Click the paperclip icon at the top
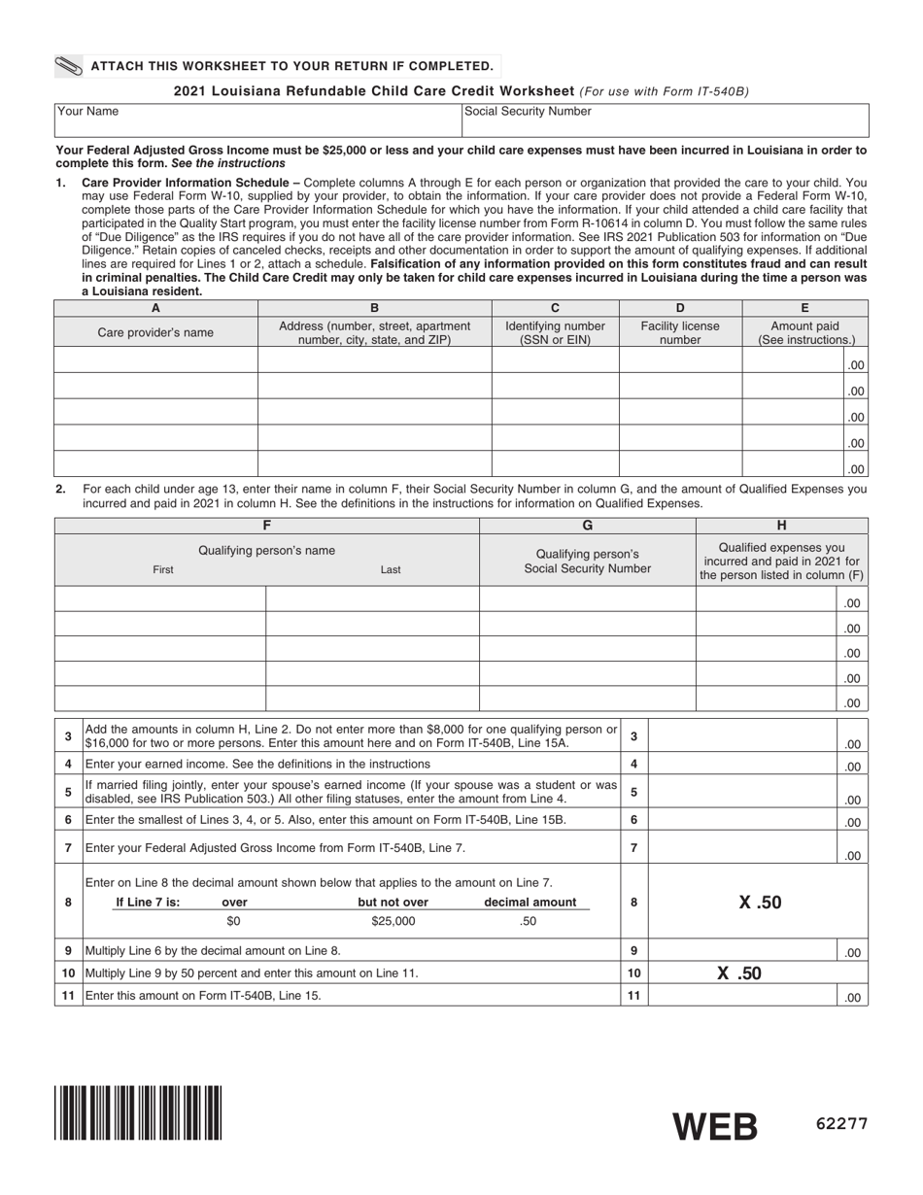pos(70,66)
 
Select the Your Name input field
pos(257,119)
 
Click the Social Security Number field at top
pos(664,119)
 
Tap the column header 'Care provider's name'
pos(155,332)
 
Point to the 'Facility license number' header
pos(680,332)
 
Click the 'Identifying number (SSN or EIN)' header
pos(555,332)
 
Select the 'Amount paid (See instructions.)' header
pos(805,332)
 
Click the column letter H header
pos(781,526)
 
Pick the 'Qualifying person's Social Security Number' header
pos(587,560)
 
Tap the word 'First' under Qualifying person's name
pos(163,570)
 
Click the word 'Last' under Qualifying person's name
pos(391,570)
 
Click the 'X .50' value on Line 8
pos(759,903)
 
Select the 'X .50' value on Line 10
pos(739,973)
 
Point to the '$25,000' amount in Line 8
pos(393,921)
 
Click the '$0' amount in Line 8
pos(233,921)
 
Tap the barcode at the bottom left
pos(138,1112)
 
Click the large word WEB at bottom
pos(715,1126)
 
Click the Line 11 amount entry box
pos(743,995)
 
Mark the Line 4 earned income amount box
pos(743,765)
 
